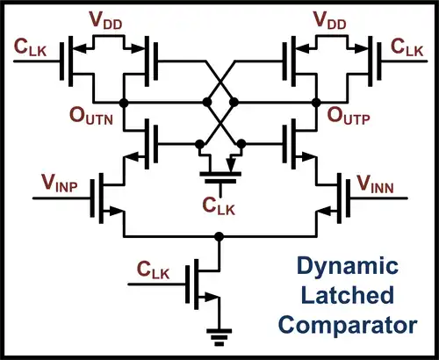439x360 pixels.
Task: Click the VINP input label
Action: [60, 184]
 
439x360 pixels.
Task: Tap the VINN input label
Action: [376, 184]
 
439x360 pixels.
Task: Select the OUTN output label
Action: [91, 116]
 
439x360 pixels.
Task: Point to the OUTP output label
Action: [349, 116]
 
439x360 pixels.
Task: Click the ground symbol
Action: [219, 337]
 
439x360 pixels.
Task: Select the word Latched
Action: [348, 295]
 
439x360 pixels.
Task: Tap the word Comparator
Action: [348, 326]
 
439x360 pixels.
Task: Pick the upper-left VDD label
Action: [105, 20]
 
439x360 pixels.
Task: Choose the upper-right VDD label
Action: [330, 20]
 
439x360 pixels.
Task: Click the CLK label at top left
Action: [30, 47]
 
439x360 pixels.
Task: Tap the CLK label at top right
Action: [407, 47]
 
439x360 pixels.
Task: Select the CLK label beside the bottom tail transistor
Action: [153, 270]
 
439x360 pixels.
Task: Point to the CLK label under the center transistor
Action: [219, 206]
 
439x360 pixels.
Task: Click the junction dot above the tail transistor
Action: [219, 236]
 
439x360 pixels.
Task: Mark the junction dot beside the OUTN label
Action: [124, 103]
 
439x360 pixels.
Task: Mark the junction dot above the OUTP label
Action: [316, 103]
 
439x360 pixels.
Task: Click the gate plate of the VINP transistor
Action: [92, 198]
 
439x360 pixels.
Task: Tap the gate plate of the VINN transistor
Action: [348, 198]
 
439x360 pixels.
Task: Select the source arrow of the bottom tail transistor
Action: [212, 298]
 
